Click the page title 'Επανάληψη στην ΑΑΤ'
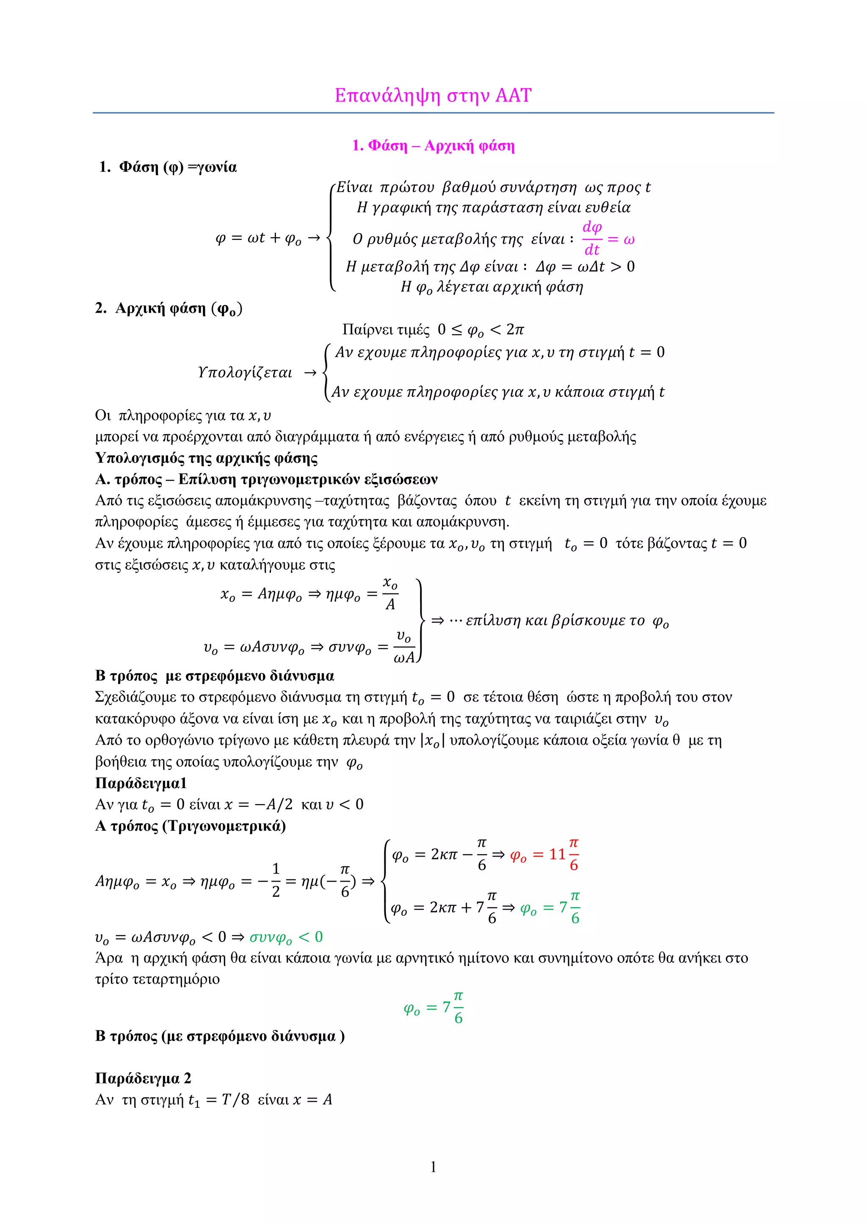point(433,96)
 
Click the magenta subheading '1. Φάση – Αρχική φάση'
point(433,146)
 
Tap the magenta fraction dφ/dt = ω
point(607,239)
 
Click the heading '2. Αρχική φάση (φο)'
point(169,308)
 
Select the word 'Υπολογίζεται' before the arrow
point(245,372)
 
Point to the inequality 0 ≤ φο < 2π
point(480,330)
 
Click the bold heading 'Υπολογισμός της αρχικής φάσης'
point(206,458)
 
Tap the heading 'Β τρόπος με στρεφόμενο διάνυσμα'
point(215,676)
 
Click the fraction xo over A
point(390,593)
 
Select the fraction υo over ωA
point(404,647)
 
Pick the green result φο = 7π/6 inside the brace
point(550,908)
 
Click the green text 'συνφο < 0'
point(286,937)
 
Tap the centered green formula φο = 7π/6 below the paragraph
point(433,1007)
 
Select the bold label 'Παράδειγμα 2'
point(143,1078)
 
